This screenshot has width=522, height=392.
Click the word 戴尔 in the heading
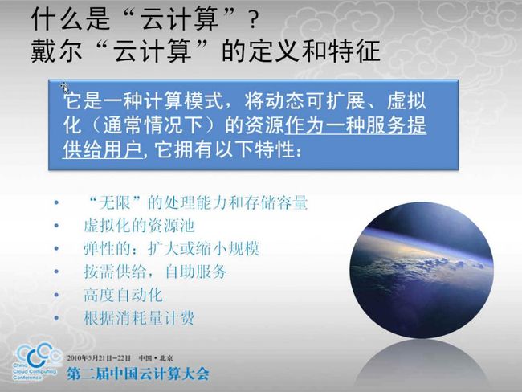(x=56, y=51)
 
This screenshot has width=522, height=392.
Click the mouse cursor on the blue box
(x=64, y=88)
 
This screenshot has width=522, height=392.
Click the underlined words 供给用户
(x=104, y=149)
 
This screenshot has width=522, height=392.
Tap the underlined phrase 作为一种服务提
(x=356, y=125)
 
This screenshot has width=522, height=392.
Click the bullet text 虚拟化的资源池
(x=139, y=226)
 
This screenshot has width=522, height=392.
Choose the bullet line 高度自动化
(x=123, y=295)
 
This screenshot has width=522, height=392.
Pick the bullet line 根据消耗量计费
(x=139, y=318)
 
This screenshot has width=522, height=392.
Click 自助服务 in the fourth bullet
(x=196, y=272)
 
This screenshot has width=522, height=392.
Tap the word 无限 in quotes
(x=115, y=202)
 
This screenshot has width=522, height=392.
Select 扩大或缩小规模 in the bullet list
(x=203, y=249)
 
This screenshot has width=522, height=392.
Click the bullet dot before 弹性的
(x=56, y=249)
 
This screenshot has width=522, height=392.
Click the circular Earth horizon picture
(x=422, y=271)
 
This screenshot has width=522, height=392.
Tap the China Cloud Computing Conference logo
(x=37, y=362)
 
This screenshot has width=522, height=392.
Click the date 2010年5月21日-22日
(x=99, y=358)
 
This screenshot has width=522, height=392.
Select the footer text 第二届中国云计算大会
(x=138, y=374)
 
